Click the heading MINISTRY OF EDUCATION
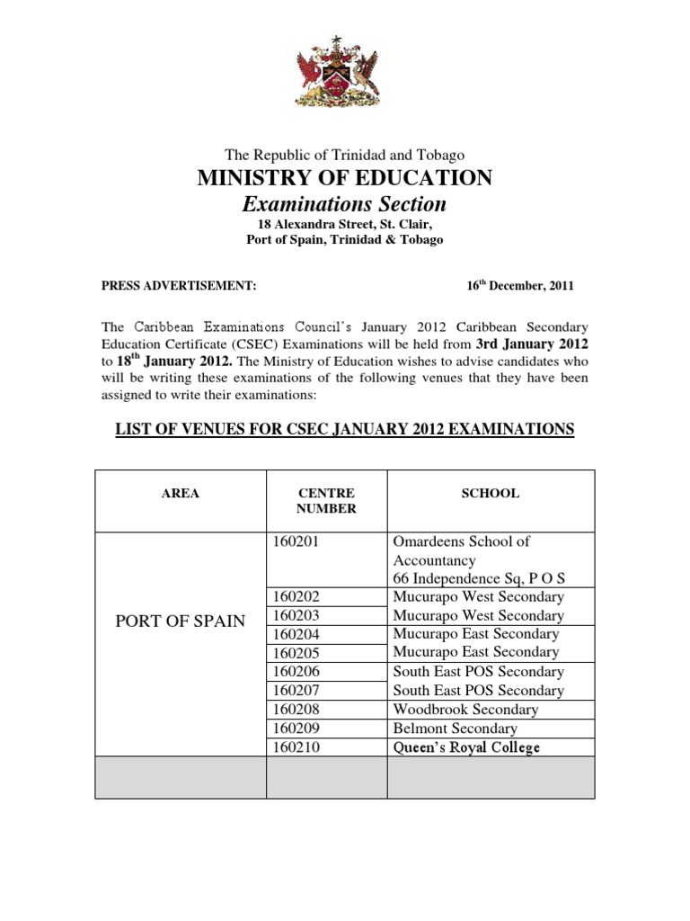coord(345,178)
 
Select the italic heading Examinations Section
coord(345,204)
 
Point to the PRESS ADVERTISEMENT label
coord(179,286)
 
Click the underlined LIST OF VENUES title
coord(344,430)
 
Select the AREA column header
coord(181,493)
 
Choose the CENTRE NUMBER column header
coord(326,501)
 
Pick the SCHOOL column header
coord(491,493)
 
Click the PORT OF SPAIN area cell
coord(181,621)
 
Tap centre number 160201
coord(295,541)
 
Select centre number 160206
coord(295,672)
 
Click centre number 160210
coord(295,747)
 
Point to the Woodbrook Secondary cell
coord(465,710)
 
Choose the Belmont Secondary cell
coord(456,729)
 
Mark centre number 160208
coord(295,710)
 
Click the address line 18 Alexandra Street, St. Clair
coord(345,225)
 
